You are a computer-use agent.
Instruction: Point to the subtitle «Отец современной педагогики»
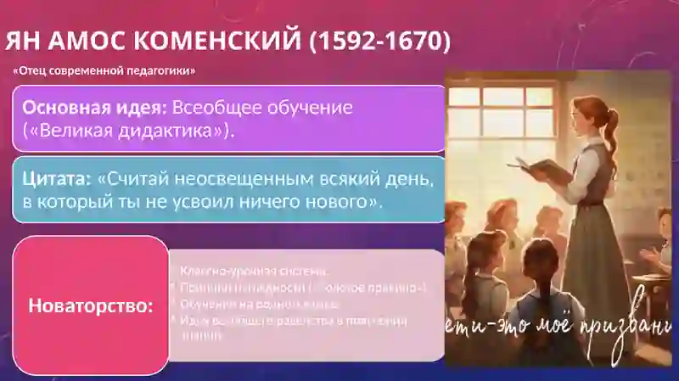pyautogui.click(x=104, y=70)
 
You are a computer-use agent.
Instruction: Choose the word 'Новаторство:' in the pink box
pyautogui.click(x=91, y=305)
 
